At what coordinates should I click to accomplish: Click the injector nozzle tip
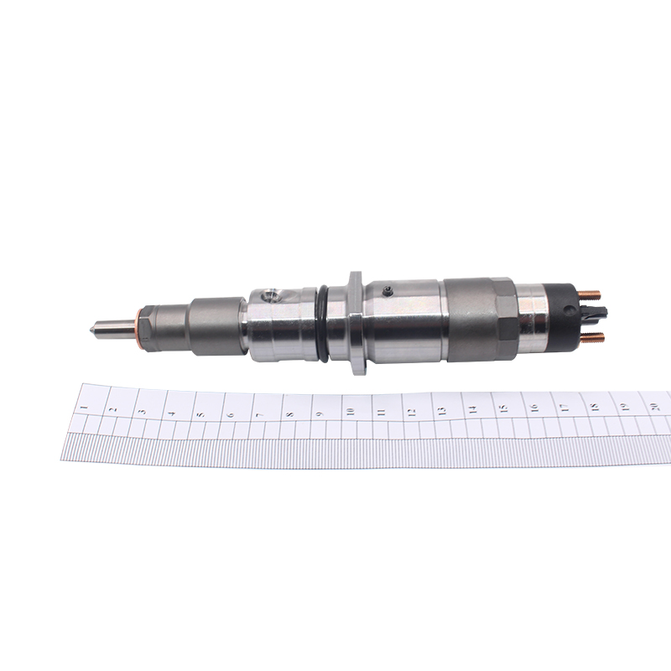click(92, 330)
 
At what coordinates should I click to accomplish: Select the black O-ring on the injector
click(323, 324)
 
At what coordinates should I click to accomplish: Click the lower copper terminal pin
click(593, 337)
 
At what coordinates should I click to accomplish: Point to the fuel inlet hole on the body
click(271, 295)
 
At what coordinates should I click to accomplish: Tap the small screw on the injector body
click(388, 290)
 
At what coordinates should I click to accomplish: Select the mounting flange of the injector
click(356, 323)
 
